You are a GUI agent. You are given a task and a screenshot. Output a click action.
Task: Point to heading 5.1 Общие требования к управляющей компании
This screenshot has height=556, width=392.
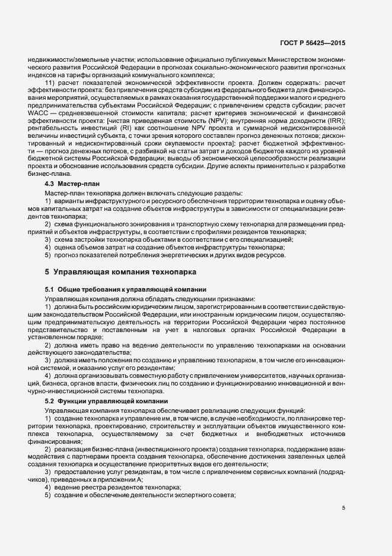[112, 289]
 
